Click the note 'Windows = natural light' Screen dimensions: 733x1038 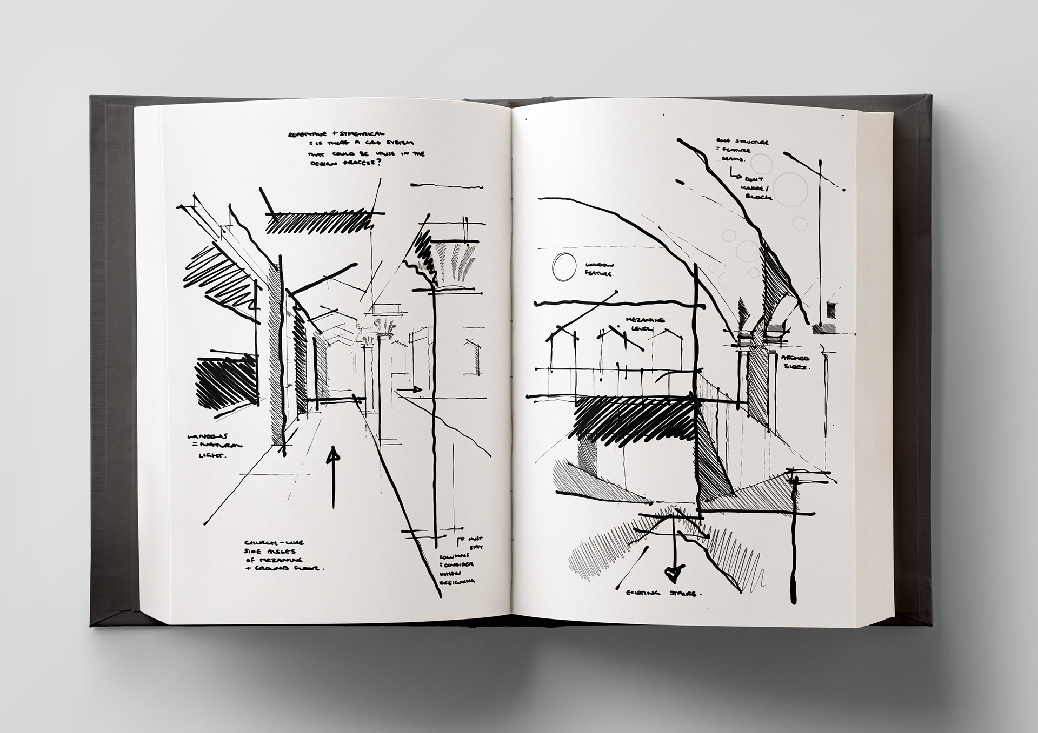tap(213, 446)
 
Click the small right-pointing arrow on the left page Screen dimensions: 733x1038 tap(410, 388)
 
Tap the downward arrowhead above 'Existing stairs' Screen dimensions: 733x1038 tap(672, 574)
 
